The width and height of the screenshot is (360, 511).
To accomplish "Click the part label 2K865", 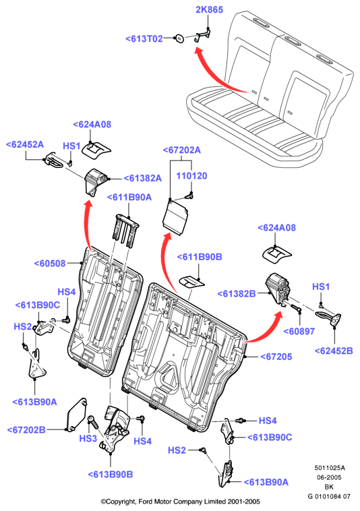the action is [209, 9].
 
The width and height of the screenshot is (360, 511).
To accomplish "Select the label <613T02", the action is [144, 39].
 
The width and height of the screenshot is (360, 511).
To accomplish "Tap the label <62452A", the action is [25, 144].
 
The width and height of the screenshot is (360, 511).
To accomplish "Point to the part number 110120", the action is [191, 176].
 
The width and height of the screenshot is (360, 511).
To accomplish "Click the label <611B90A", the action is [129, 197].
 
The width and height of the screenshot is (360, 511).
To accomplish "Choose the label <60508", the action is [50, 264].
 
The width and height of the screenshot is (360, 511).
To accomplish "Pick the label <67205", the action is [276, 357].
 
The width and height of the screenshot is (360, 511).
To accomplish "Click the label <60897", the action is [299, 332].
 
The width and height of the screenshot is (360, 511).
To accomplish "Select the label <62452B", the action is [334, 351].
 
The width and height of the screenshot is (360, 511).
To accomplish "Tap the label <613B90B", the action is [111, 475].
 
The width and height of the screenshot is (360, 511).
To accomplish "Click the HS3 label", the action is [88, 439].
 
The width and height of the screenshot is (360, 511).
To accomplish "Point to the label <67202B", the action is [26, 430].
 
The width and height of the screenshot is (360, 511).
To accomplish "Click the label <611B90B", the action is [200, 257].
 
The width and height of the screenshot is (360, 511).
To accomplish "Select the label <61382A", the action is [142, 178].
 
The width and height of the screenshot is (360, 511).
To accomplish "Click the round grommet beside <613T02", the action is [179, 38].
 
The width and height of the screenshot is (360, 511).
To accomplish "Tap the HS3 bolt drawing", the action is [93, 423].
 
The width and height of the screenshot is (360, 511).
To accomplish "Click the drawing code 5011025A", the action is [330, 468].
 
